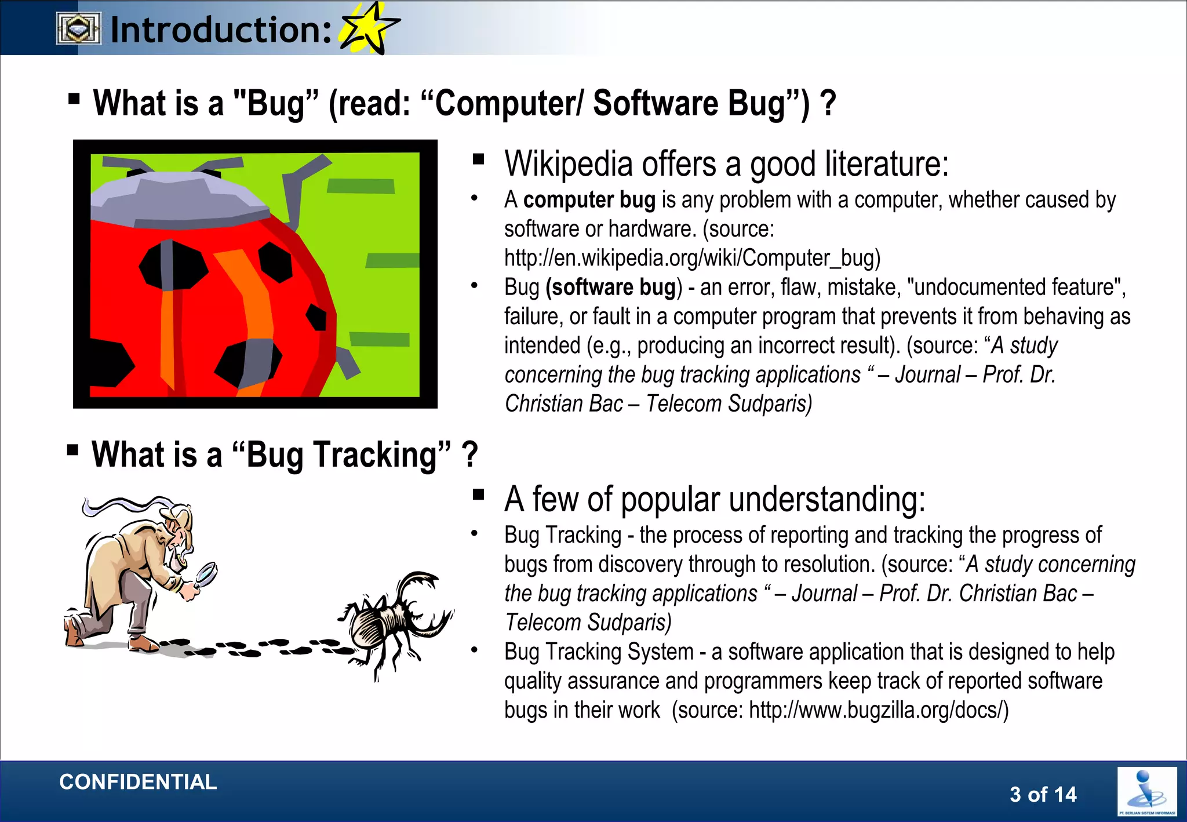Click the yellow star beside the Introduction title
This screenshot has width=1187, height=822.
tap(369, 28)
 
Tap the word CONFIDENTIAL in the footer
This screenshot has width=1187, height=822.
tap(138, 782)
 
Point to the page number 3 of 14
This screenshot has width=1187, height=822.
tap(1043, 794)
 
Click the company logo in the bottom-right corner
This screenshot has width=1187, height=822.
tap(1146, 792)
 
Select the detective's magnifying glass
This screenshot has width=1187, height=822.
tap(206, 574)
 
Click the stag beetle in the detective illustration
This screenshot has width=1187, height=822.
tap(394, 623)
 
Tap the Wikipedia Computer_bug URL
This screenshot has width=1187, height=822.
tap(692, 258)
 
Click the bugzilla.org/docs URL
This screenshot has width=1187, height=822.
tap(878, 710)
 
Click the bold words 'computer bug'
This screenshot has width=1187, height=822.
tap(589, 200)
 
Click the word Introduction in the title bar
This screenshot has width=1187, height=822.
tap(221, 30)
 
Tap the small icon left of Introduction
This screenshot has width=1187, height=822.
tap(78, 29)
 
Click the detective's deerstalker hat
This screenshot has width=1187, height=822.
tap(176, 513)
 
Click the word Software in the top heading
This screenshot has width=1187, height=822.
tap(655, 104)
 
